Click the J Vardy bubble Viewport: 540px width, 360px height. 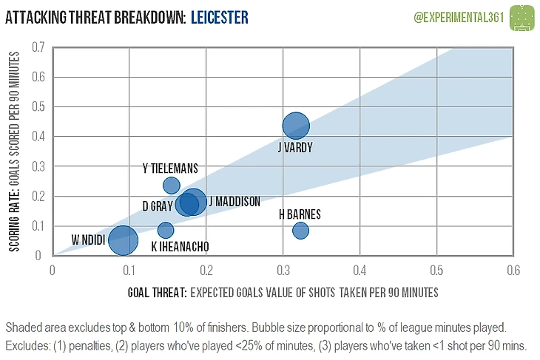coord(296,126)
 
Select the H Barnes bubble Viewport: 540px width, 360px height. coord(300,231)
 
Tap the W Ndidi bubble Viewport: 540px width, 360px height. coord(123,240)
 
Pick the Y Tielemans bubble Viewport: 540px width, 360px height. coord(172,185)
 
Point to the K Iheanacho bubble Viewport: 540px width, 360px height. coord(166,230)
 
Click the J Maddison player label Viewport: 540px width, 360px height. coord(234,201)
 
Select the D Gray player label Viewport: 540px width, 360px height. coord(158,206)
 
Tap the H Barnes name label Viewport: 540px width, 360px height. coord(300,214)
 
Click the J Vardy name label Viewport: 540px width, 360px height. coord(295,148)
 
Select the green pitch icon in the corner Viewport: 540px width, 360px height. coord(523,16)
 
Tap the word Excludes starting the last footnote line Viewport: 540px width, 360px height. coord(27,346)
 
